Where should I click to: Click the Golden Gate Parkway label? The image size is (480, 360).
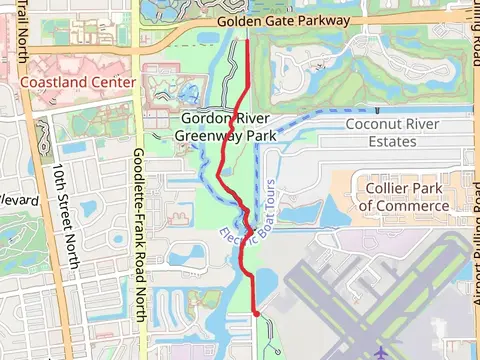coord(287,20)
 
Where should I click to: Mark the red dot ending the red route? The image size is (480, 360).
coord(257,314)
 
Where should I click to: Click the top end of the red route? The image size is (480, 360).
coord(248,40)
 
